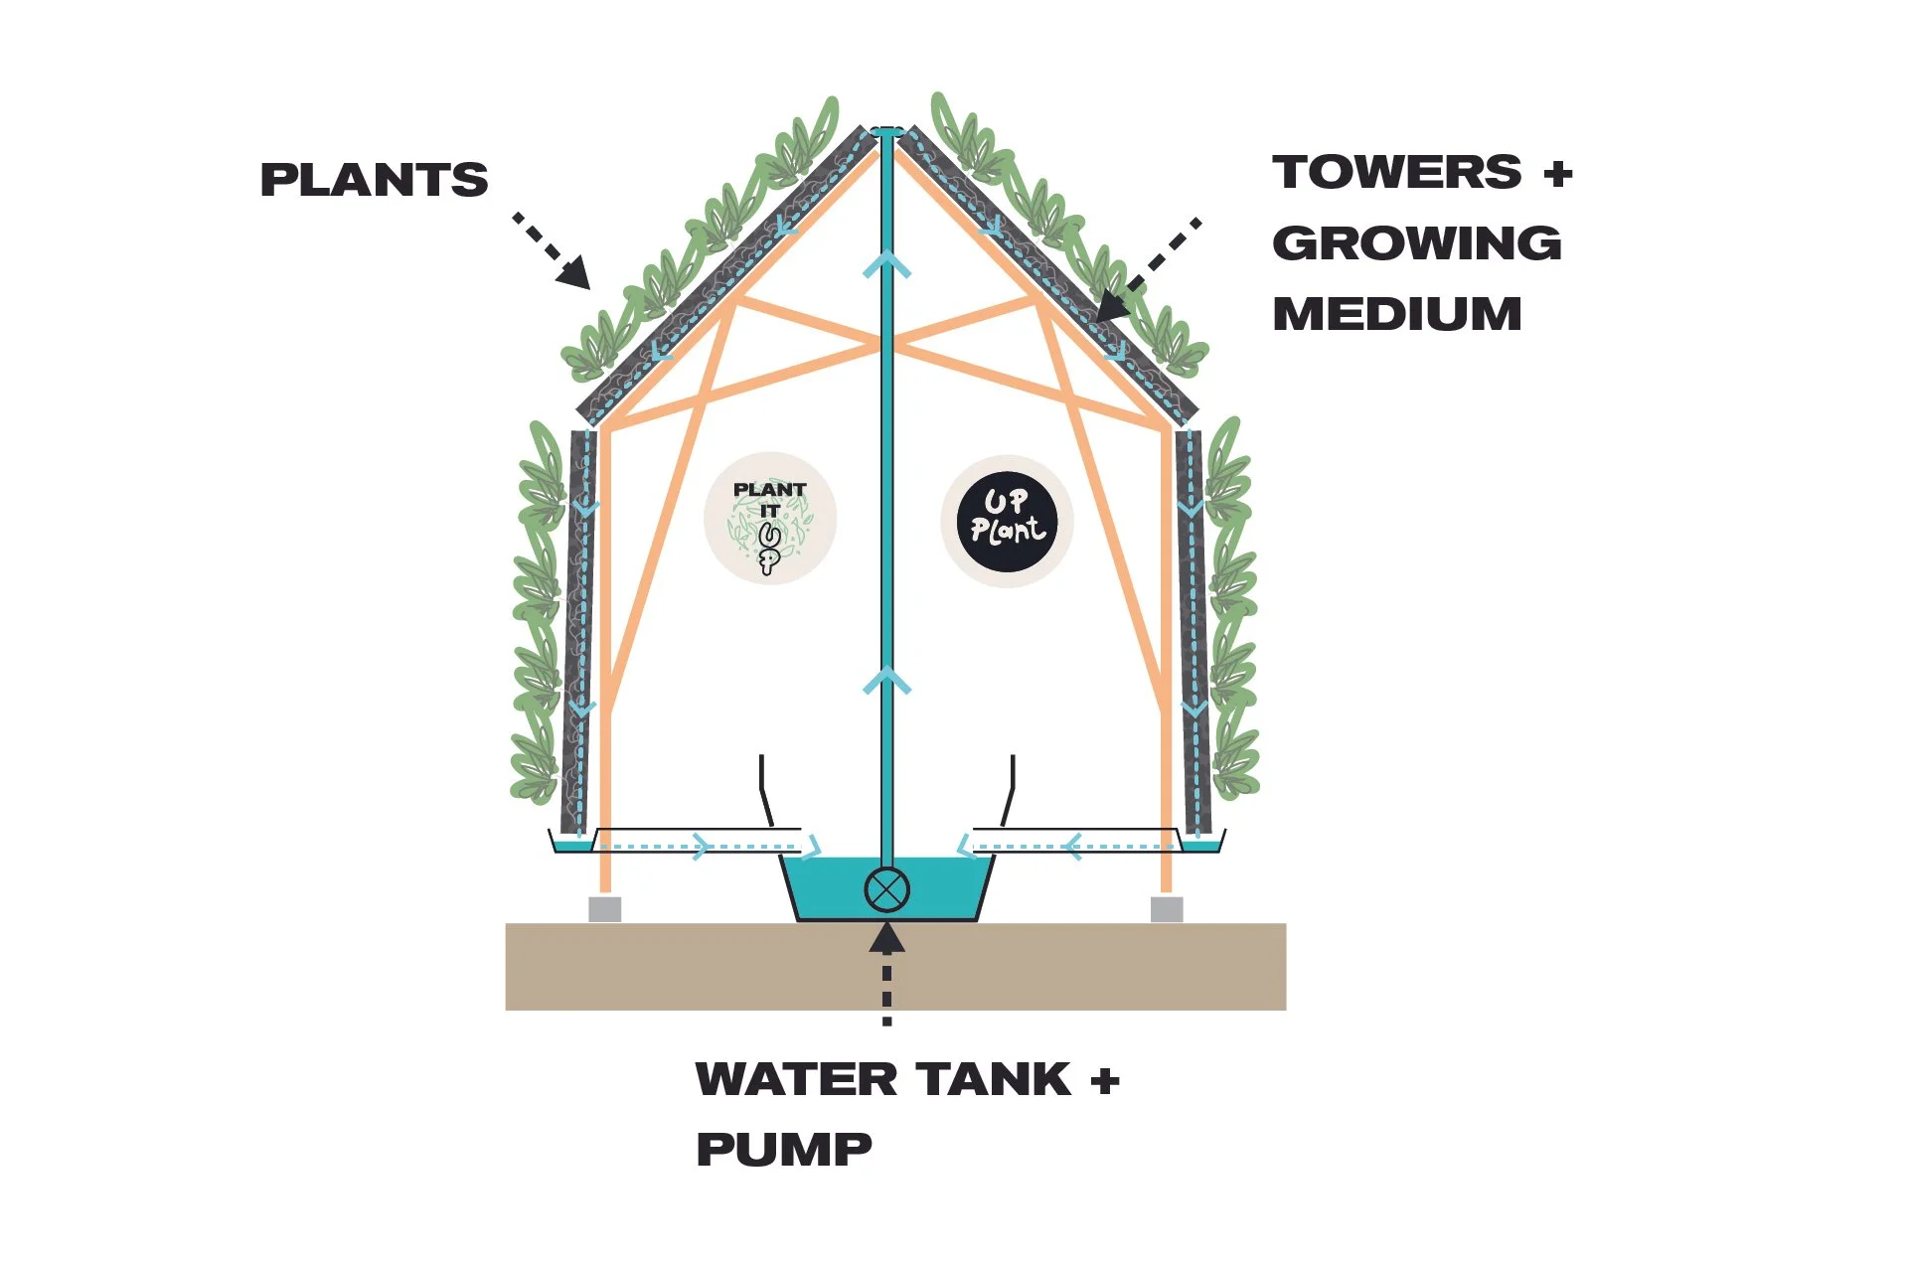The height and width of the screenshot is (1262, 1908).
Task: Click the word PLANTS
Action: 374,180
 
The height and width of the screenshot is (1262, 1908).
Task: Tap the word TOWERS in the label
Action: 1396,172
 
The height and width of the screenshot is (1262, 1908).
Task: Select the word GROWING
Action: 1416,243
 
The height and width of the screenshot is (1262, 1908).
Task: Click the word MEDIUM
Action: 1396,314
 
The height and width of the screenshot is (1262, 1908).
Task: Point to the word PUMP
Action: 784,1150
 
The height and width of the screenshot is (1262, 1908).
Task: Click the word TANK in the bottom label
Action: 994,1079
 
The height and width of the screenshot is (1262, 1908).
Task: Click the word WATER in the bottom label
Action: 798,1079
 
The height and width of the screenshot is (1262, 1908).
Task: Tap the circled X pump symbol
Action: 886,889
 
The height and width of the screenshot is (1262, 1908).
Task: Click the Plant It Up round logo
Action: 770,519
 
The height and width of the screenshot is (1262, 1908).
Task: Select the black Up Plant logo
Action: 1007,522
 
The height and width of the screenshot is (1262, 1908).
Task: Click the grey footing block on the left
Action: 605,908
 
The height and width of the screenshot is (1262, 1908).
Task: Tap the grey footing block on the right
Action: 1167,908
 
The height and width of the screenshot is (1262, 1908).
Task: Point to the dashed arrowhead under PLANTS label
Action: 573,271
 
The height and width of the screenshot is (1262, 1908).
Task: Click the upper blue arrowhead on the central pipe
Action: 886,263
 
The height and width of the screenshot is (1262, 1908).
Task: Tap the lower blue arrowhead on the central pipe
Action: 886,681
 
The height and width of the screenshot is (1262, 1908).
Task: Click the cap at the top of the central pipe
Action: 886,130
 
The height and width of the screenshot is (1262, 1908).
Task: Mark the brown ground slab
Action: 895,967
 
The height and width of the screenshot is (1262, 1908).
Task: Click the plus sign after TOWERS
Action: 1558,174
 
